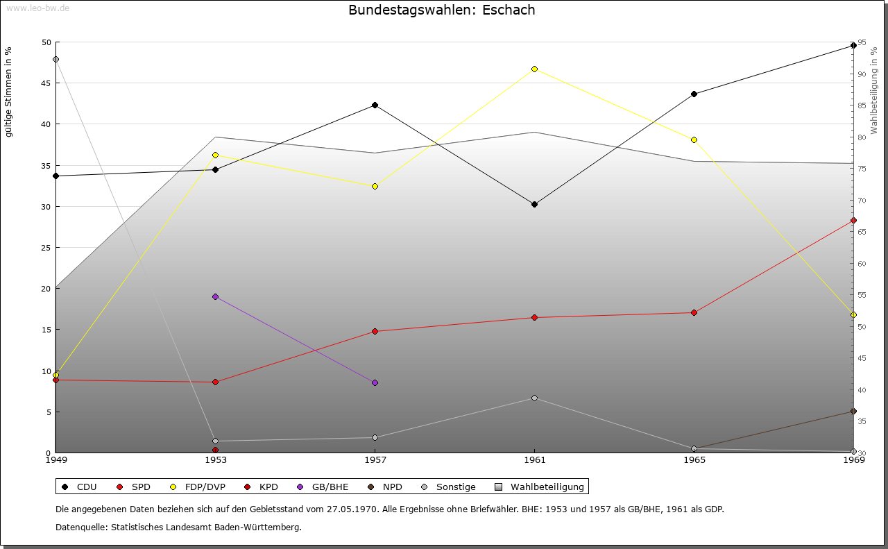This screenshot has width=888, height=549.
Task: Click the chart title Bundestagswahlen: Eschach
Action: [x=442, y=10]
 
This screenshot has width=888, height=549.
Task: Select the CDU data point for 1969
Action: [x=853, y=46]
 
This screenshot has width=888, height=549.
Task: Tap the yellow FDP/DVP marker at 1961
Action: [x=534, y=69]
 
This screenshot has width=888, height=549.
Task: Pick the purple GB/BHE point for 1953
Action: [x=215, y=296]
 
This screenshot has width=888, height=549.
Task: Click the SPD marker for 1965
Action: [x=694, y=312]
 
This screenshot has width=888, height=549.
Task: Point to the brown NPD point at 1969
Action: [x=853, y=412]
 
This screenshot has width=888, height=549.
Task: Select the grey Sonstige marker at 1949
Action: [x=55, y=59]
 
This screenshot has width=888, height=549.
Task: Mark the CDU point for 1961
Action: [x=534, y=204]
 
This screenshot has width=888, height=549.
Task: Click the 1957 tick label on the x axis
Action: [x=375, y=459]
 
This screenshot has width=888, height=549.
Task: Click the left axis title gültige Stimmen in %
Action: [x=8, y=92]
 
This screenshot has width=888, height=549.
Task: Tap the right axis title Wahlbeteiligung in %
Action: [x=874, y=90]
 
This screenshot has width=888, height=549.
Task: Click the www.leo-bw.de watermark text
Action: [x=35, y=8]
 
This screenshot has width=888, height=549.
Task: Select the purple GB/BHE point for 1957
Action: [x=375, y=382]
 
